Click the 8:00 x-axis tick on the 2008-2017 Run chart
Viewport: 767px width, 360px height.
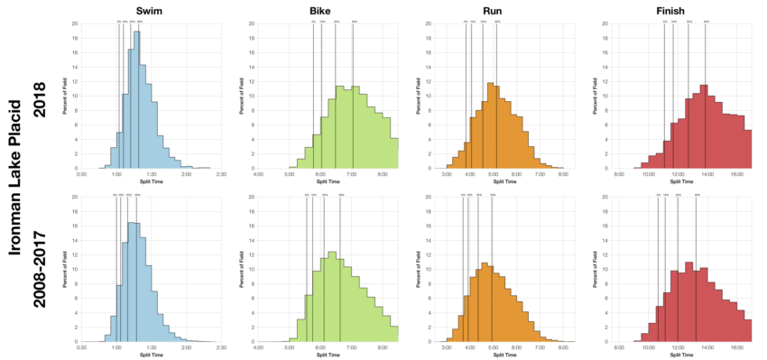pyautogui.click(x=563, y=347)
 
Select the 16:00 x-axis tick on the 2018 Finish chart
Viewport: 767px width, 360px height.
pyautogui.click(x=736, y=174)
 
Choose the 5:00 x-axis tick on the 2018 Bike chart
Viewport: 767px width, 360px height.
pyautogui.click(x=290, y=174)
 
